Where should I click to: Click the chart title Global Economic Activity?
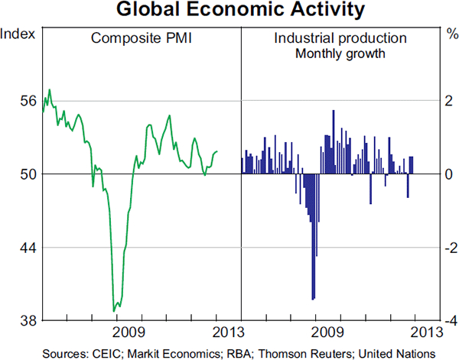coord(229,11)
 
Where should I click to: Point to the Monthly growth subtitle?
coord(340,54)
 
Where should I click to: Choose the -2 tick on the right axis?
coord(448,248)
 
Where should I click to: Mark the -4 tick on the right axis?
coord(448,321)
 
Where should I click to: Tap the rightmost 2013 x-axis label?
coord(425,332)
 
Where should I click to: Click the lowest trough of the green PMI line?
coord(114,310)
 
